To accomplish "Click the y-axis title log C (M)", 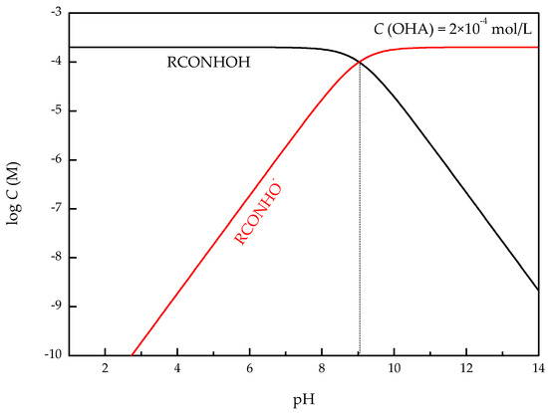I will pos(15,183).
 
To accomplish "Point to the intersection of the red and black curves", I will pos(359,62).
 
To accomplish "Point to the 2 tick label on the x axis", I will pos(105,369).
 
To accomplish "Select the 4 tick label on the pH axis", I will pos(177,369).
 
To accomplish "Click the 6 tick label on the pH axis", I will pos(249,369).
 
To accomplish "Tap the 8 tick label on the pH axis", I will pos(322,369).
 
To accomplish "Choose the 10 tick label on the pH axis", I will pos(394,369).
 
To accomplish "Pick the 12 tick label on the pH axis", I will pos(466,369).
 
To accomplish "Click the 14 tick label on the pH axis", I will pos(538,369).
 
